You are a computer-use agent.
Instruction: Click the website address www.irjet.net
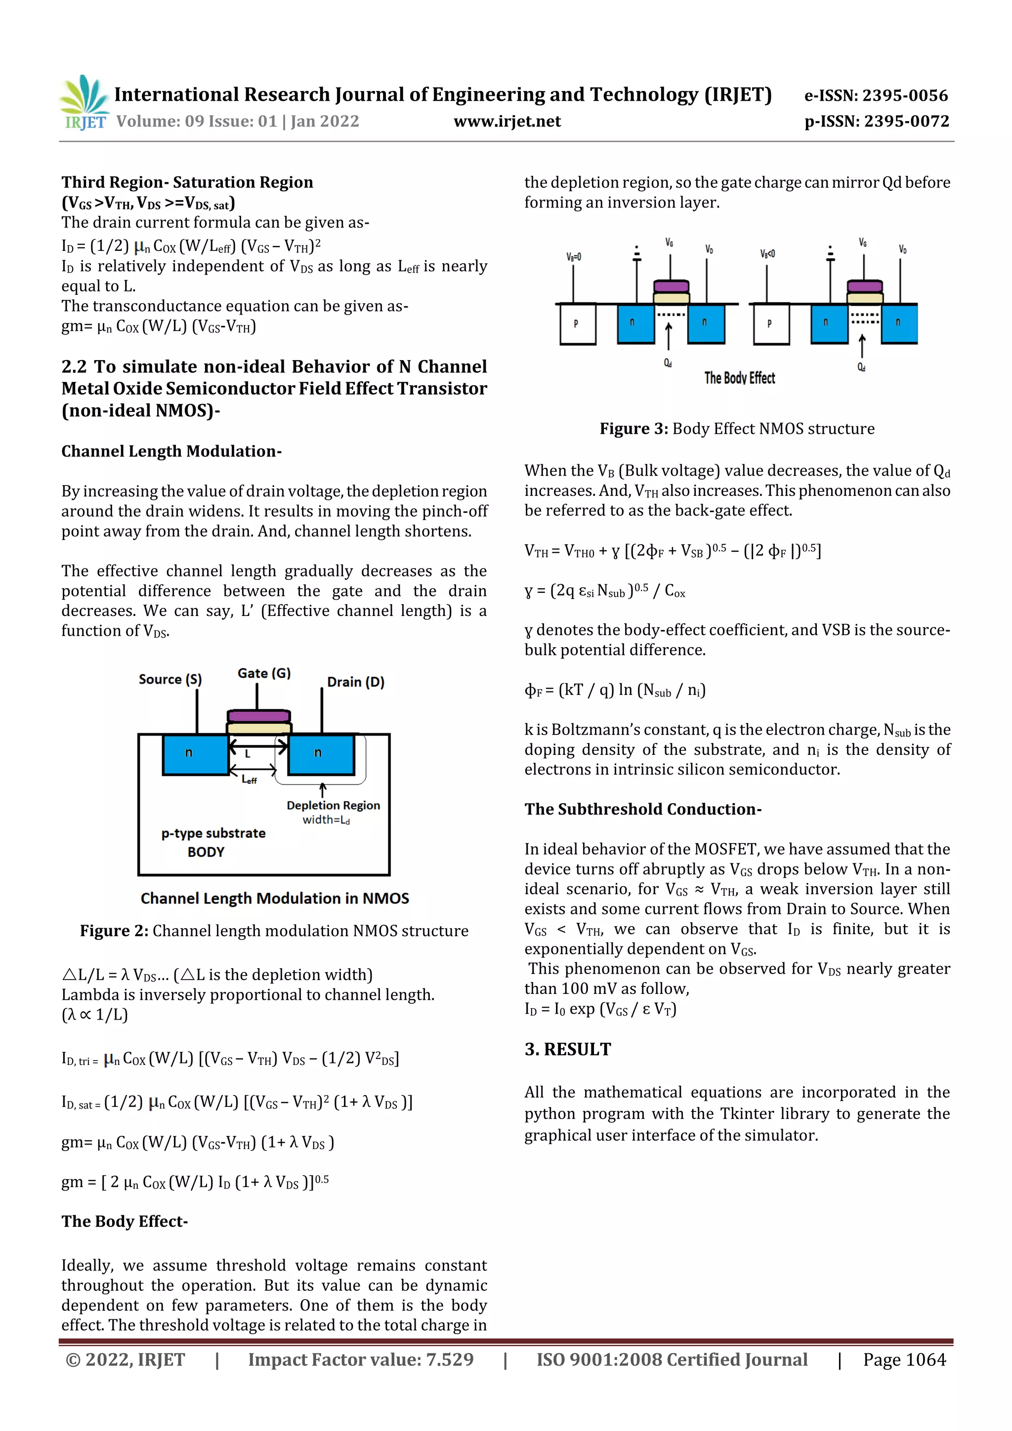click(x=507, y=122)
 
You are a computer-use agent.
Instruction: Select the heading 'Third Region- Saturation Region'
click(x=187, y=182)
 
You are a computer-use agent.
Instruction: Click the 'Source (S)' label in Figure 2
click(x=170, y=679)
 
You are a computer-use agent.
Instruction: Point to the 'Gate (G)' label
click(x=264, y=673)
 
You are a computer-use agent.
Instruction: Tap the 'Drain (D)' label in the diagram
click(x=355, y=682)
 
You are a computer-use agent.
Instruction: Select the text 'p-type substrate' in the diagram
click(x=213, y=833)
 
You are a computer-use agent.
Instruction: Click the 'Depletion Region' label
click(x=333, y=805)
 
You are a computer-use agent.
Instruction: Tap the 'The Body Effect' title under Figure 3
click(x=740, y=378)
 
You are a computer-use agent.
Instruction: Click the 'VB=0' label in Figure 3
click(x=574, y=256)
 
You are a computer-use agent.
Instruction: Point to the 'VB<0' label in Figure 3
click(x=767, y=254)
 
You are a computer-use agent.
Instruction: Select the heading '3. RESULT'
click(x=567, y=1050)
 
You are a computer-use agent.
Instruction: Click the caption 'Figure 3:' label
click(x=633, y=429)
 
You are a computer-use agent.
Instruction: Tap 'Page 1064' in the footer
click(x=904, y=1359)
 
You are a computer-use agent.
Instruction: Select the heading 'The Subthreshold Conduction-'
click(x=643, y=809)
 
